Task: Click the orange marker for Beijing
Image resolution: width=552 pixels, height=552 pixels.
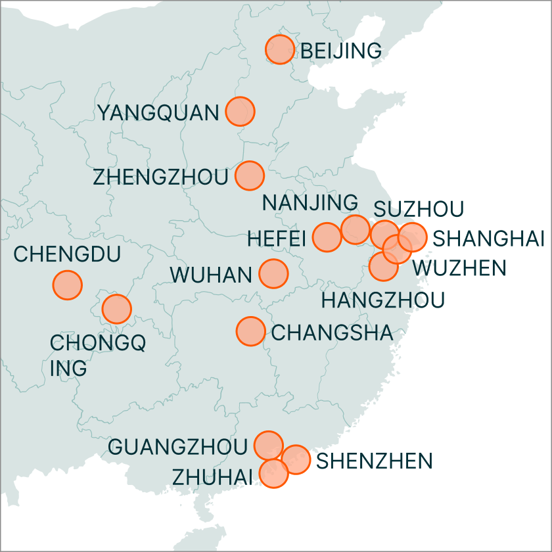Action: [279, 49]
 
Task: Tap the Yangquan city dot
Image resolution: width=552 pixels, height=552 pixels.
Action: [240, 111]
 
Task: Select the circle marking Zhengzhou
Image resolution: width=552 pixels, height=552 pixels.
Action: [249, 175]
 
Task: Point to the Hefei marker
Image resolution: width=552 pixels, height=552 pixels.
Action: [327, 237]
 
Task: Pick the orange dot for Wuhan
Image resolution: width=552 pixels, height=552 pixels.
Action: [273, 273]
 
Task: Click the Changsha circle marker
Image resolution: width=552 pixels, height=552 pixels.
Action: [250, 331]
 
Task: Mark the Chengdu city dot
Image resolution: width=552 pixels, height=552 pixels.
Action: [67, 285]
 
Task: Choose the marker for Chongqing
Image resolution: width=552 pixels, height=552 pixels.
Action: [117, 308]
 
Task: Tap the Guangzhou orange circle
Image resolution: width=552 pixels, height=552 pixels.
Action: [268, 446]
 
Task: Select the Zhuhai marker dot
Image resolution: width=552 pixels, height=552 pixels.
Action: [274, 473]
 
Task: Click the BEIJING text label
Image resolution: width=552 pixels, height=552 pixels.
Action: [340, 51]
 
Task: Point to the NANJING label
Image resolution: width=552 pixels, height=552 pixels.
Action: [310, 203]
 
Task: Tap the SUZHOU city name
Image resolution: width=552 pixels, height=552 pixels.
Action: [419, 209]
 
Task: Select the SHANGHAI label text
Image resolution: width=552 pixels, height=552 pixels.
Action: [490, 239]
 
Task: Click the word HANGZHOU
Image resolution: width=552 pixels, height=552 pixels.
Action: [382, 300]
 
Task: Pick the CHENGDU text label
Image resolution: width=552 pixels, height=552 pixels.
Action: [66, 254]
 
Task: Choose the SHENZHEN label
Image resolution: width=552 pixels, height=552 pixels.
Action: [375, 461]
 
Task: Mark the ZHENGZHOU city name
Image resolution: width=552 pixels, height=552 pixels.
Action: [160, 177]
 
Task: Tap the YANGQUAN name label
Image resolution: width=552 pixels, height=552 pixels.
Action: [158, 113]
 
